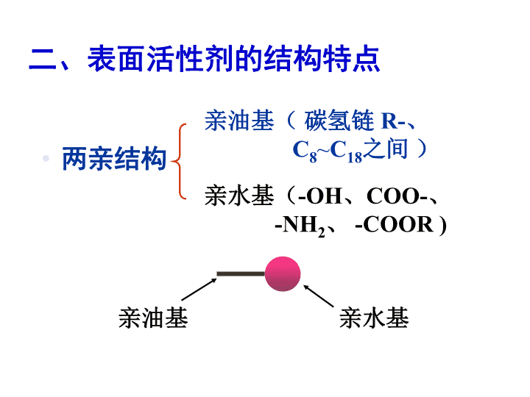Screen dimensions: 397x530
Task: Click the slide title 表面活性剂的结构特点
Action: pyautogui.click(x=205, y=59)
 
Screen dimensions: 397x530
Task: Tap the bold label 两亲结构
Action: pyautogui.click(x=114, y=159)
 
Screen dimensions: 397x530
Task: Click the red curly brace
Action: pyautogui.click(x=179, y=161)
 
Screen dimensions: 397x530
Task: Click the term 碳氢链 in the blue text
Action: pyautogui.click(x=339, y=121)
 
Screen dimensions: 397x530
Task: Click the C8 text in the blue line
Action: pyautogui.click(x=305, y=151)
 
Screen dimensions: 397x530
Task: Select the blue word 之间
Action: pyautogui.click(x=386, y=149)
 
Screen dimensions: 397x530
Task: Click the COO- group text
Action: pyautogui.click(x=397, y=196)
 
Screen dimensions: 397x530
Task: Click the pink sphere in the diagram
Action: pyautogui.click(x=283, y=273)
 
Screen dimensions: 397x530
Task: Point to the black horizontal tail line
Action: pyautogui.click(x=241, y=274)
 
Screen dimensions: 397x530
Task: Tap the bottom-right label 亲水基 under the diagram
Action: pyautogui.click(x=374, y=318)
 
